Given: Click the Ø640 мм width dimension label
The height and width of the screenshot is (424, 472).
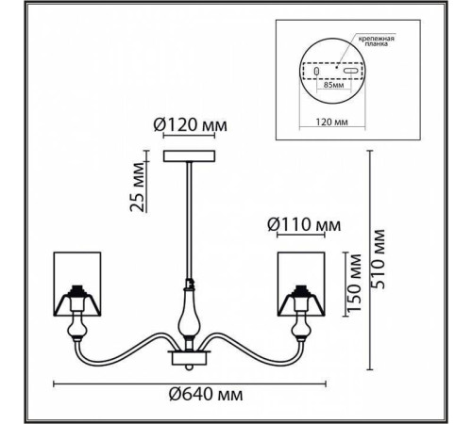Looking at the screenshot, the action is pos(206,394).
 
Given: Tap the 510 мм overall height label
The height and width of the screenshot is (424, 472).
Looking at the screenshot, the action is pos(378,259).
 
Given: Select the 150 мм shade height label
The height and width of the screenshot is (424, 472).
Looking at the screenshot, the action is pos(354,283).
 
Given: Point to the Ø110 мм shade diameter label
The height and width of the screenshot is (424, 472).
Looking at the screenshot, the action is pos(304,225).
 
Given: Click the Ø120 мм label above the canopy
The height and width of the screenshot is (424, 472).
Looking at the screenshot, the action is pos(190,125).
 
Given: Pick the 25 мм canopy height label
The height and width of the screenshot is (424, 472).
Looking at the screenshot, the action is pos(138,187).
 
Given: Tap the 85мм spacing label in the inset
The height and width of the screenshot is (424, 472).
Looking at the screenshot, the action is pos(333,85).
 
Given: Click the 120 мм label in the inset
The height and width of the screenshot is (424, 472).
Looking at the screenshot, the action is pos(332,122).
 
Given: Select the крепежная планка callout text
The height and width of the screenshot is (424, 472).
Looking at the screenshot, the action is pos(377,41).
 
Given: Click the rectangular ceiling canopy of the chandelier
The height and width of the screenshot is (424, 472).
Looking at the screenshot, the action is pos(189,156).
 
